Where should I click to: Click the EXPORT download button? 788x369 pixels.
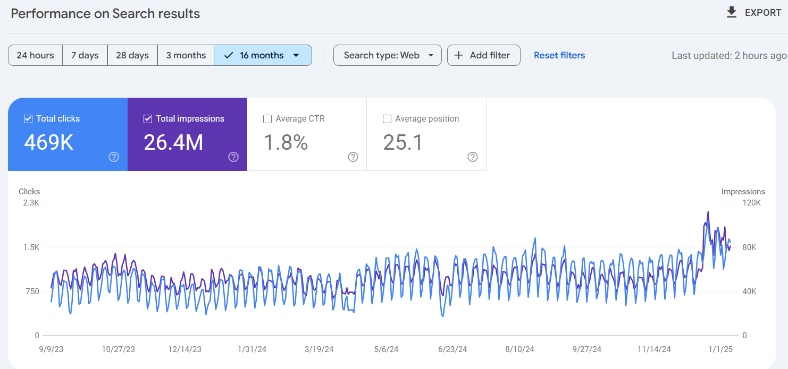(753, 13)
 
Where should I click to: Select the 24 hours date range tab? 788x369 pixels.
(35, 55)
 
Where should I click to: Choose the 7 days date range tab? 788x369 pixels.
(85, 55)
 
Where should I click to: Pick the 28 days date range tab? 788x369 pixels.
(132, 55)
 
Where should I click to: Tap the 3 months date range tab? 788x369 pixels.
(186, 55)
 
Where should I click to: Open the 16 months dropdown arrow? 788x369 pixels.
(296, 55)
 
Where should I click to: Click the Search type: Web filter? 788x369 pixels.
(387, 55)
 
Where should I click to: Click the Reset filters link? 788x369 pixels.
(559, 55)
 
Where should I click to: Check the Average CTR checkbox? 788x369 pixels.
(267, 119)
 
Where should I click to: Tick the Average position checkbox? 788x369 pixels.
(387, 119)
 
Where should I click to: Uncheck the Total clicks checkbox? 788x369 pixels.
(28, 119)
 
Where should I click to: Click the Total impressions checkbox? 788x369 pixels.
(148, 119)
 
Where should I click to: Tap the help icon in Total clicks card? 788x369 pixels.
(114, 157)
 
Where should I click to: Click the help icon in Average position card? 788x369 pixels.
(473, 157)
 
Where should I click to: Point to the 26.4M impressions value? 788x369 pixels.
(173, 142)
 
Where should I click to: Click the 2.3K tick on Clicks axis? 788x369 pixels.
(31, 203)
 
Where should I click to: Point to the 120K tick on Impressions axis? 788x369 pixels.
(752, 203)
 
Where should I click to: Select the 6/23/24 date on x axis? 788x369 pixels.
(452, 349)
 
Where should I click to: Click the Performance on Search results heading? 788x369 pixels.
(105, 14)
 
